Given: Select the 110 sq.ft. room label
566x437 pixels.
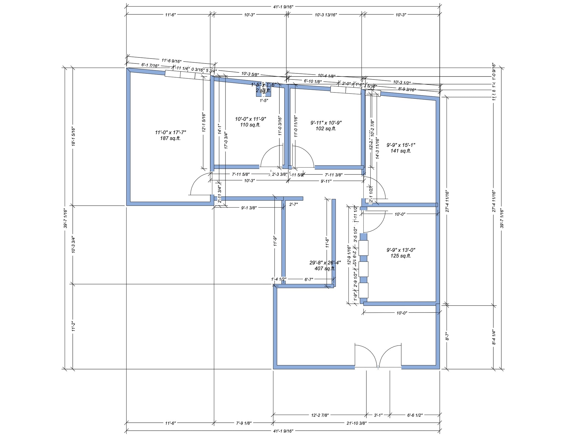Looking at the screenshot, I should (250, 125).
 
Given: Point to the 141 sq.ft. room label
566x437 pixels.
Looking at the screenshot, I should (401, 151).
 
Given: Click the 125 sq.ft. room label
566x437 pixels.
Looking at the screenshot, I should (401, 256).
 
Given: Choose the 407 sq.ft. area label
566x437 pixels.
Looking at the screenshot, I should (325, 268).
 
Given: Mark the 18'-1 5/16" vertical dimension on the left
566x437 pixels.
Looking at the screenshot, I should (73, 136).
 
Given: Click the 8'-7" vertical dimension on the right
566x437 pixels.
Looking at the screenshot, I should (447, 337).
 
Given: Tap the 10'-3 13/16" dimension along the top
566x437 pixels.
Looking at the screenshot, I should (326, 15).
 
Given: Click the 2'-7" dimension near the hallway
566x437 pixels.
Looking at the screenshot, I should (293, 204).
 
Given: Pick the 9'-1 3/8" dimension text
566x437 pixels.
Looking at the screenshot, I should (249, 208).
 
